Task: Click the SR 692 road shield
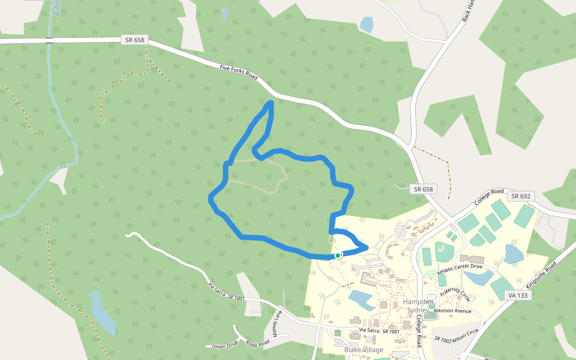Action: click(521, 196)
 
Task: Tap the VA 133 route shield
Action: click(520, 295)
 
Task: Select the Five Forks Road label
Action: click(238, 73)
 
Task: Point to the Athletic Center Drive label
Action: click(460, 268)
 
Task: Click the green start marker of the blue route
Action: click(338, 256)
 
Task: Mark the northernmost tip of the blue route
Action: click(271, 104)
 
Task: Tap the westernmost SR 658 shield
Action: click(133, 40)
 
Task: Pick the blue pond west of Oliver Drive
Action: click(102, 312)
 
